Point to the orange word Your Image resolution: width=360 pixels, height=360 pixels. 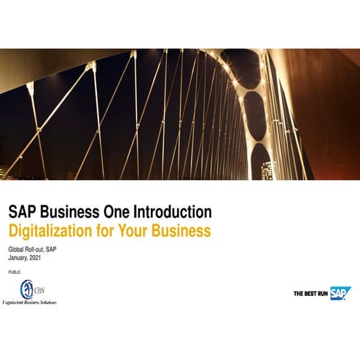pyautogui.click(x=137, y=231)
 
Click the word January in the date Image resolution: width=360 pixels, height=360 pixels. pyautogui.click(x=17, y=257)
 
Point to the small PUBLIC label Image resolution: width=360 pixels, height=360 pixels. pyautogui.click(x=15, y=271)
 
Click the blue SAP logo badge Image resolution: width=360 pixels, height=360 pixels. pyautogui.click(x=340, y=293)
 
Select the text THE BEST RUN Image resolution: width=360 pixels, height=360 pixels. pyautogui.click(x=310, y=294)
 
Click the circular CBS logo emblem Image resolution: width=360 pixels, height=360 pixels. pyautogui.click(x=28, y=289)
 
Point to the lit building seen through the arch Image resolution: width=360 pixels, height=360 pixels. pyautogui.click(x=267, y=170)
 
